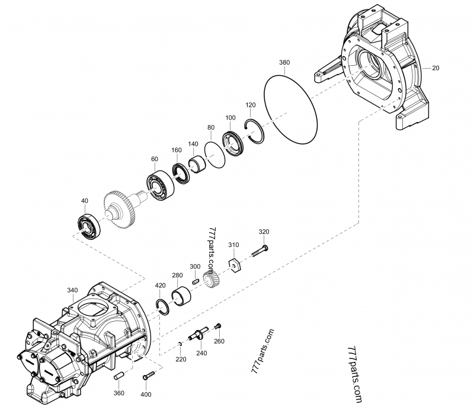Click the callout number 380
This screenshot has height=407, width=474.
(x=284, y=62)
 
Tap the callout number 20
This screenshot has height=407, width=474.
(x=435, y=68)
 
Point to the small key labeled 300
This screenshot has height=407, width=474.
(x=195, y=281)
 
